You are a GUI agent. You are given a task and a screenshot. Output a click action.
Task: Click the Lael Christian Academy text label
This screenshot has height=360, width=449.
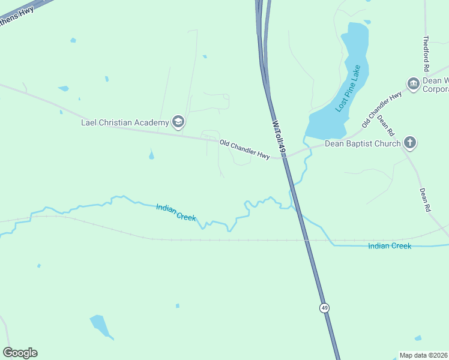click(x=125, y=123)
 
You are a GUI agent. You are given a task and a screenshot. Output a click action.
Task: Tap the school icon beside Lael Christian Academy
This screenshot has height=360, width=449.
click(x=178, y=122)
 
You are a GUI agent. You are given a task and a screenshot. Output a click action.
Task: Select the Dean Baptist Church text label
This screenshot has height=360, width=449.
click(x=362, y=143)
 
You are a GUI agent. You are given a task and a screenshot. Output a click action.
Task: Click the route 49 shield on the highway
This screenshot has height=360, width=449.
click(x=324, y=308)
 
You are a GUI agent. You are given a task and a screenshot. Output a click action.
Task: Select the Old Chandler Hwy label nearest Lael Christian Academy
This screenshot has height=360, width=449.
click(x=244, y=149)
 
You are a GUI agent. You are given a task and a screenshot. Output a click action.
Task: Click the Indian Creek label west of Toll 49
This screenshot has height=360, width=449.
click(x=176, y=212)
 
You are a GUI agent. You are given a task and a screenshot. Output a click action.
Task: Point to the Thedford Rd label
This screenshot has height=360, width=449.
click(x=426, y=53)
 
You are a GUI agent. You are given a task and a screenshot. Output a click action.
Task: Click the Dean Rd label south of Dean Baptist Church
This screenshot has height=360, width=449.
click(x=425, y=200)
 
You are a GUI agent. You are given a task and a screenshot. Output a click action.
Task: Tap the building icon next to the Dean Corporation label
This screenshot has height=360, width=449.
click(x=413, y=83)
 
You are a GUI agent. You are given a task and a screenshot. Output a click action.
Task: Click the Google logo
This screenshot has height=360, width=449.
click(x=20, y=353)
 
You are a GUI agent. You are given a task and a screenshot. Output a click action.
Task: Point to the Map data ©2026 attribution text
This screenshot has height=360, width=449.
click(x=423, y=355)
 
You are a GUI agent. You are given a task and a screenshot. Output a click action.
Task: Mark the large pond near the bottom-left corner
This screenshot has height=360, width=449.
click(x=100, y=325)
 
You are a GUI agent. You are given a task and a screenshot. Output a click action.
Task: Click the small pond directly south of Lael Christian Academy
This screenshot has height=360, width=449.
click(x=151, y=155)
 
